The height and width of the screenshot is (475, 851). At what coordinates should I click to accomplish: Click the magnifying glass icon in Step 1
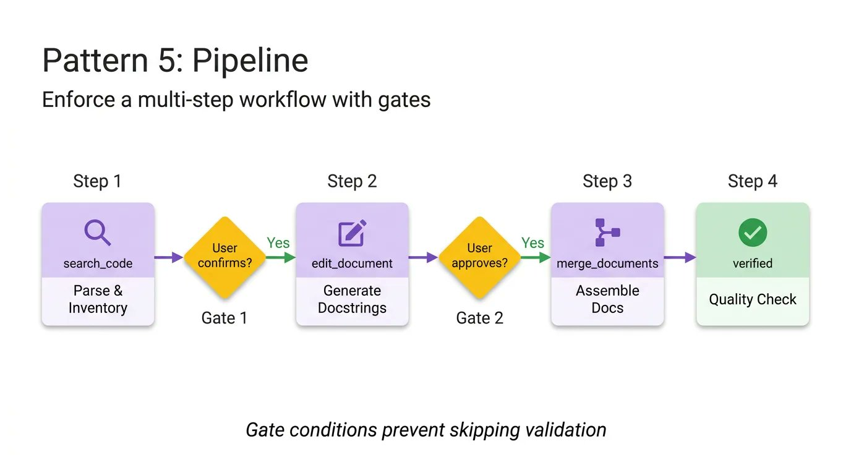pyautogui.click(x=97, y=233)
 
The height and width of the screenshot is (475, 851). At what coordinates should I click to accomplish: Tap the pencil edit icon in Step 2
pyautogui.click(x=352, y=233)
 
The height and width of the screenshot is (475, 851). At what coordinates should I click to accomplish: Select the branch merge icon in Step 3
pyautogui.click(x=607, y=233)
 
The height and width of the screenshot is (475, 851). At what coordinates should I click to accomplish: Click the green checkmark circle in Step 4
pyautogui.click(x=752, y=233)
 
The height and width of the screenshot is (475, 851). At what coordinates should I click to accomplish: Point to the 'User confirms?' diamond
pyautogui.click(x=225, y=256)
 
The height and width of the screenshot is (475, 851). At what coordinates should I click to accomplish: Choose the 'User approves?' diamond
pyautogui.click(x=479, y=256)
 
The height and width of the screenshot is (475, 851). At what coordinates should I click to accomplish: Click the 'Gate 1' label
pyautogui.click(x=225, y=318)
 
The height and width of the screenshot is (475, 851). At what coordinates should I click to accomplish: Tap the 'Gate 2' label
pyautogui.click(x=479, y=318)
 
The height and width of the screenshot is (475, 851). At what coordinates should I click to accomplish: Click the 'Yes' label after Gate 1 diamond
pyautogui.click(x=278, y=243)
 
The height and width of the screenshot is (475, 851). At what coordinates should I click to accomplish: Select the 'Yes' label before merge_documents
pyautogui.click(x=532, y=243)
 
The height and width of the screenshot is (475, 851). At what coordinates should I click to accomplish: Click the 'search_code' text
pyautogui.click(x=98, y=263)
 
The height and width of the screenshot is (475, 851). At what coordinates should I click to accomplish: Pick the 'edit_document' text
pyautogui.click(x=352, y=263)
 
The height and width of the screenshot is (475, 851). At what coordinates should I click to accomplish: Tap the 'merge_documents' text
pyautogui.click(x=607, y=263)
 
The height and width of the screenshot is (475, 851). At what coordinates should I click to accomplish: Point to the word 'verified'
pyautogui.click(x=752, y=263)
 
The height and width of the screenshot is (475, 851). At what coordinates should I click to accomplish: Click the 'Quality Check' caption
pyautogui.click(x=752, y=299)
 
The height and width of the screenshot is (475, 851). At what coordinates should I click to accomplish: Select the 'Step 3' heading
pyautogui.click(x=607, y=181)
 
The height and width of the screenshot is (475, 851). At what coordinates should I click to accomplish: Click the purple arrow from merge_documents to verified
pyautogui.click(x=680, y=257)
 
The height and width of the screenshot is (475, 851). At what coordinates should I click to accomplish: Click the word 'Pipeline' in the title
pyautogui.click(x=250, y=61)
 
